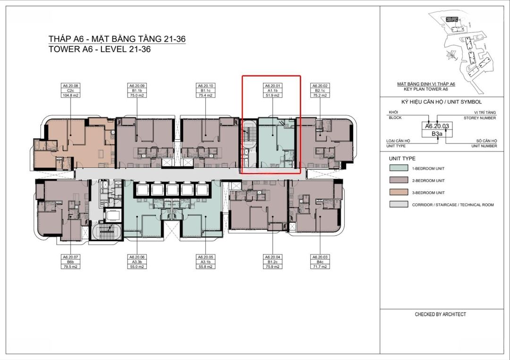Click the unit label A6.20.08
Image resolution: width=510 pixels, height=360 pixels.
click(70, 86)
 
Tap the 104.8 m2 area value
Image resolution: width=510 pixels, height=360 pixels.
click(70, 95)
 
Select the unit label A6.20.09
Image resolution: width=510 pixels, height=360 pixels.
click(137, 86)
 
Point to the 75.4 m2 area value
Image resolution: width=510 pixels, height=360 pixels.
click(205, 95)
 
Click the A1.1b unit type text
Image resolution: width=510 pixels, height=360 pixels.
click(272, 91)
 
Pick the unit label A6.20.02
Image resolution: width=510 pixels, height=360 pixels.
click(320, 86)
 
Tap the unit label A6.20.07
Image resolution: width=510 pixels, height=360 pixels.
click(70, 257)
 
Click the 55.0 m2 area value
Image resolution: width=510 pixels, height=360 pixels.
click(137, 267)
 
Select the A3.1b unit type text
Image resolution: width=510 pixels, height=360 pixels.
click(205, 262)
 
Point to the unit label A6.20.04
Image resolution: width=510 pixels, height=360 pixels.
click(272, 257)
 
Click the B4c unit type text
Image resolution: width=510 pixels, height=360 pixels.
click(320, 262)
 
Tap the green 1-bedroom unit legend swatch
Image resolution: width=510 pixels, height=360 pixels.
click(399, 168)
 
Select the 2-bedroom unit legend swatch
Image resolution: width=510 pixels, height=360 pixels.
click(399, 180)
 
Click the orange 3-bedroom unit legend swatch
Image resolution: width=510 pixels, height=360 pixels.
click(399, 192)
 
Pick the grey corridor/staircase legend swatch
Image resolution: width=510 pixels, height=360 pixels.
click(399, 204)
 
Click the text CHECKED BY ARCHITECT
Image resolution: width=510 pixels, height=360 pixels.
click(441, 314)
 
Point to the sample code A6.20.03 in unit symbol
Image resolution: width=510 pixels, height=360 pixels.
click(437, 126)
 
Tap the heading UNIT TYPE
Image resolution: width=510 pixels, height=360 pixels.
click(402, 159)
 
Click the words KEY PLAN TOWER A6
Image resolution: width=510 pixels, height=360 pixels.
click(426, 89)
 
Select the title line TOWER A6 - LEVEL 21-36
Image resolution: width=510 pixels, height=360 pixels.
click(100, 50)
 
